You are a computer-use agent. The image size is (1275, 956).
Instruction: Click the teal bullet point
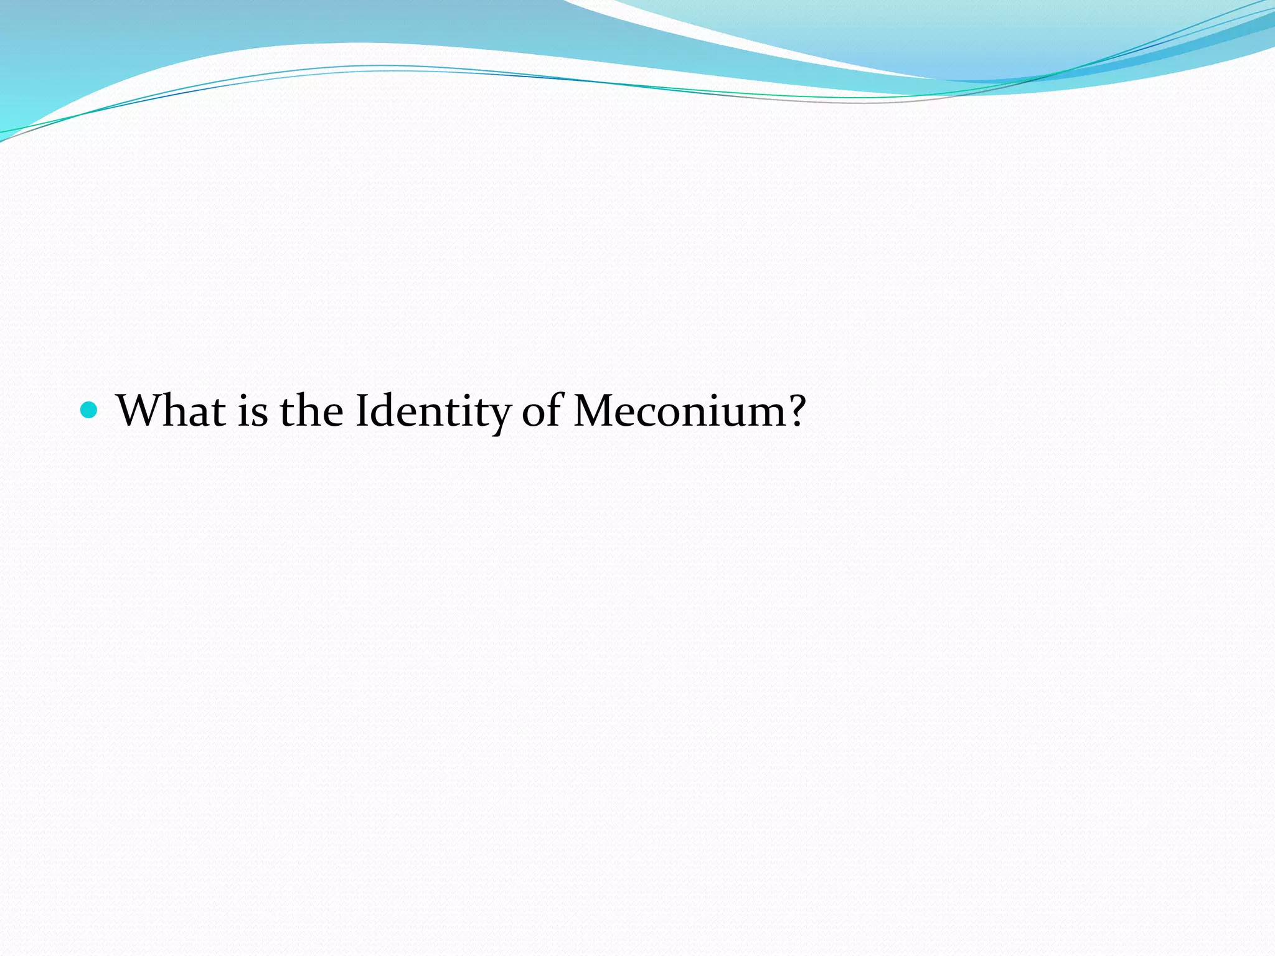point(90,410)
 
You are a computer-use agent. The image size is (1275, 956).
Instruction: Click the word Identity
point(432,412)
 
